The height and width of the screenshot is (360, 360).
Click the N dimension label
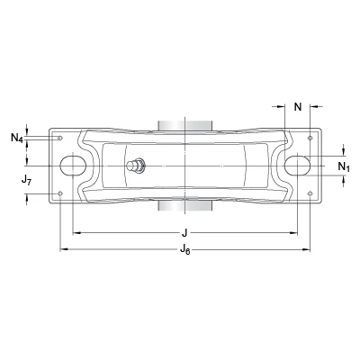click(298, 106)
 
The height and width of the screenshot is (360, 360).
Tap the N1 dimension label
click(344, 166)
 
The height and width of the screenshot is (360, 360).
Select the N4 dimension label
click(17, 138)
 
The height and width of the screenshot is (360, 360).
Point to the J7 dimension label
click(26, 180)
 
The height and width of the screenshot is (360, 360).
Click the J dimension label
click(184, 232)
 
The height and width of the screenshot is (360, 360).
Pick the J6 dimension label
click(185, 249)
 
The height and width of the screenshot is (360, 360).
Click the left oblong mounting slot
click(73, 166)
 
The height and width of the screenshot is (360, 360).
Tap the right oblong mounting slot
click(297, 166)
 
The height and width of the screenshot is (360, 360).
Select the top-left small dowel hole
click(60, 138)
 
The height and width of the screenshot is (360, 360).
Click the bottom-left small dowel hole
click(60, 193)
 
